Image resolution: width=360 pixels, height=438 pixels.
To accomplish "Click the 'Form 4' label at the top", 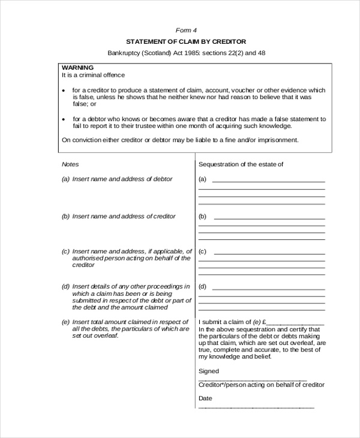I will pyautogui.click(x=186, y=30).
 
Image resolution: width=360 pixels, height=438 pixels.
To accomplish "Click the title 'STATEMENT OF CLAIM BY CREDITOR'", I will pyautogui.click(x=186, y=41).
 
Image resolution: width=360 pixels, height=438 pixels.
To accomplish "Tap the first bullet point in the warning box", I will pyautogui.click(x=65, y=90).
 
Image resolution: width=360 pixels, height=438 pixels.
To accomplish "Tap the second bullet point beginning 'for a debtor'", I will pyautogui.click(x=65, y=119).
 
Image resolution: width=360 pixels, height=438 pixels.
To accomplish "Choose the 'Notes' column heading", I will pyautogui.click(x=70, y=164).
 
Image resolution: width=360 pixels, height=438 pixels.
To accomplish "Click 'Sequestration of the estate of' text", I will pyautogui.click(x=241, y=164).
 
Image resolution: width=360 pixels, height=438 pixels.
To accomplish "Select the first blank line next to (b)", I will pyautogui.click(x=269, y=216).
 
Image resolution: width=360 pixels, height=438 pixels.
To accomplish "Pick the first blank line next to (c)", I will pyautogui.click(x=269, y=251).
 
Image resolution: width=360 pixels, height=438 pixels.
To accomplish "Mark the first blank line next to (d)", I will pyautogui.click(x=269, y=286).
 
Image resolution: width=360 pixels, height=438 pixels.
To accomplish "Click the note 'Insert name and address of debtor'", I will pyautogui.click(x=122, y=179).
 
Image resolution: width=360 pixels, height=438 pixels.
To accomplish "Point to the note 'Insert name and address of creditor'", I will pyautogui.click(x=124, y=216).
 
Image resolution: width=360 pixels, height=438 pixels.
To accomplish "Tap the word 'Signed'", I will pyautogui.click(x=209, y=371).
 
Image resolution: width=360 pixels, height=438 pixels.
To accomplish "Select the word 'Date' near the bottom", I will pyautogui.click(x=205, y=398).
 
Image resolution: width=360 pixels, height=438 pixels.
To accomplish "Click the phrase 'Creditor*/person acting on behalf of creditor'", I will pyautogui.click(x=261, y=385).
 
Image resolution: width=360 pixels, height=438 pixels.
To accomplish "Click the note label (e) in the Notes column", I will pyautogui.click(x=65, y=322).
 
